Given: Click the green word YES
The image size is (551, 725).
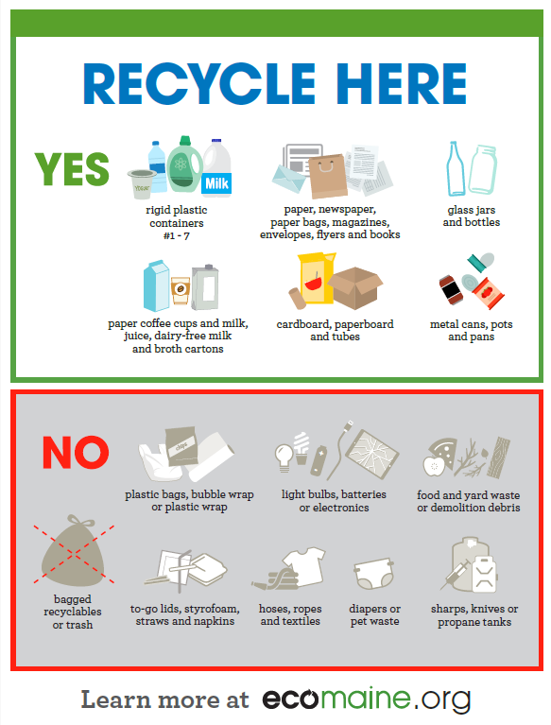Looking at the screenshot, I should coord(72,168).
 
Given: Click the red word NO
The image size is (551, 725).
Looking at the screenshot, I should coord(76,452).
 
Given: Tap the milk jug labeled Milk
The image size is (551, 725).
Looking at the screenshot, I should coord(216,170).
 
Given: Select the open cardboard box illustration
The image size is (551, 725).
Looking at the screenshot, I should coord(355,287).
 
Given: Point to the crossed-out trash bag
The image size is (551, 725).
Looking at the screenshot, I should coord(72,553).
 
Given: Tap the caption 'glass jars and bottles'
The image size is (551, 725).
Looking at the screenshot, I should coord(472,216).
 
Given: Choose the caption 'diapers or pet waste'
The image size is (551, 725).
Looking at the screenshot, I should coord(374,615).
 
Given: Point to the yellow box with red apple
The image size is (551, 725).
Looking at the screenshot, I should coord(314,280).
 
